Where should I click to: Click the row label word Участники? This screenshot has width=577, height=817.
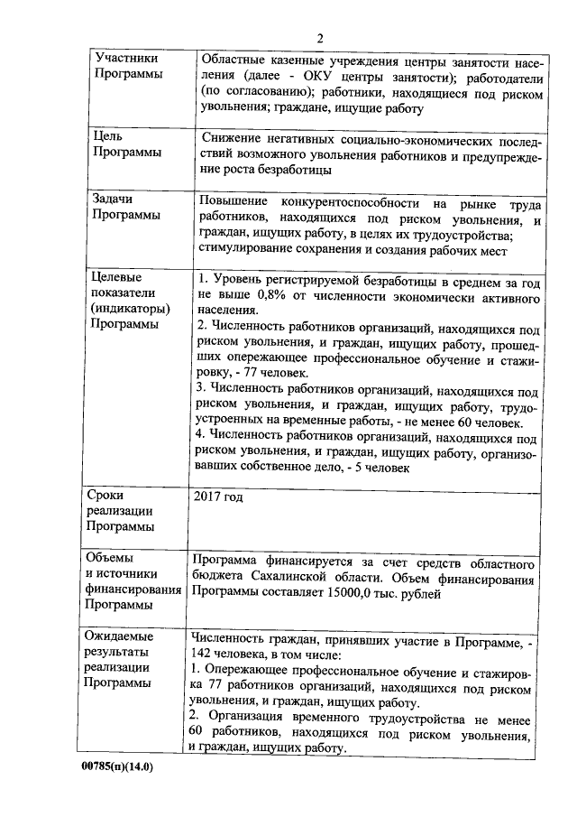[124, 58]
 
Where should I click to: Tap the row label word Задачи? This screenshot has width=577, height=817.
[114, 200]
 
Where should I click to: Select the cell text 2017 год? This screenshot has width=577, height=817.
[217, 497]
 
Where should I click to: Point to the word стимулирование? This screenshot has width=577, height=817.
[243, 253]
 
